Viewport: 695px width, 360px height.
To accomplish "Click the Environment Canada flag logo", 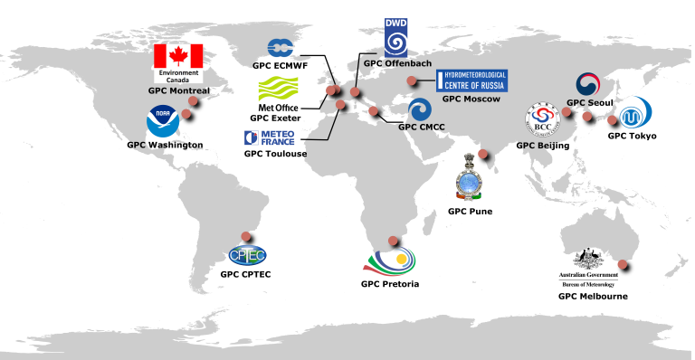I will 179,62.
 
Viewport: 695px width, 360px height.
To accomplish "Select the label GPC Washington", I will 165,145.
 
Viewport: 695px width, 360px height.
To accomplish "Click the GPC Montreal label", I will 178,90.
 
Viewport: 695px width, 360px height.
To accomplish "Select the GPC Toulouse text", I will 275,154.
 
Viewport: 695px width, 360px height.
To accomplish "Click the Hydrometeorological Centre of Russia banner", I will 472,81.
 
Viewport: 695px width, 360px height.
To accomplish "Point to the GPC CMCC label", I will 418,128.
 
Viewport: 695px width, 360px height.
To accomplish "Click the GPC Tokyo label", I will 632,136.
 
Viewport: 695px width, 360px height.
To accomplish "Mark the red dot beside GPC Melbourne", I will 633,264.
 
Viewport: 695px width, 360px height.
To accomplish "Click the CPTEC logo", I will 246,255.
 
